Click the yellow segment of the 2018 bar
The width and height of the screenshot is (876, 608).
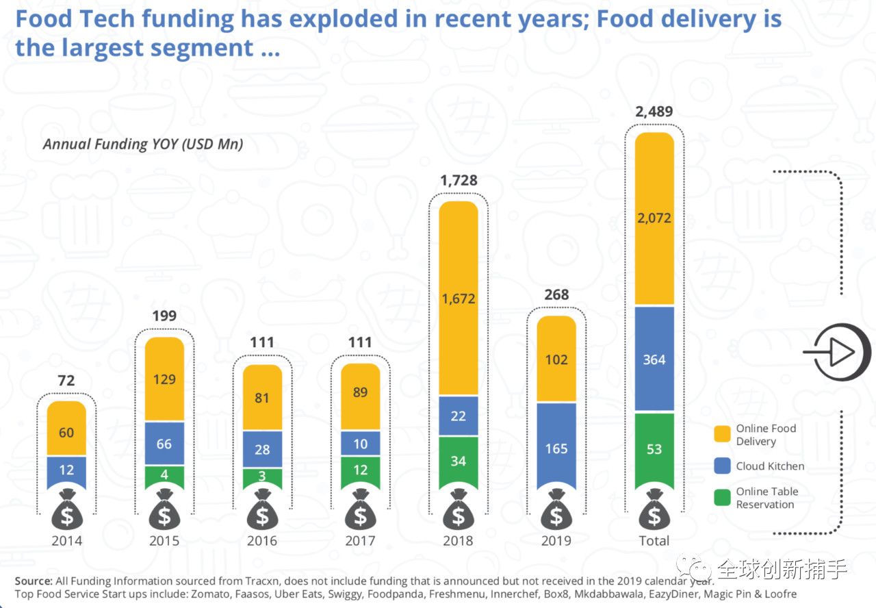pyautogui.click(x=459, y=298)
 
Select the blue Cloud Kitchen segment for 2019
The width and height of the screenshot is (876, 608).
pyautogui.click(x=556, y=446)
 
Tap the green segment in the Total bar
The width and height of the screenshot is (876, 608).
pyautogui.click(x=654, y=451)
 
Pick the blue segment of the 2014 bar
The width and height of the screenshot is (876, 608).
pyautogui.click(x=66, y=472)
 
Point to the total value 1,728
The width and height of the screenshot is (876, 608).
pyautogui.click(x=459, y=180)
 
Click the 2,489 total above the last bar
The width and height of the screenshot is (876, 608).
pyautogui.click(x=654, y=112)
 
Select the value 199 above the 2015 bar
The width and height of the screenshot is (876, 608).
pyautogui.click(x=164, y=316)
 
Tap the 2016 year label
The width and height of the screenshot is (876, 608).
pyautogui.click(x=262, y=541)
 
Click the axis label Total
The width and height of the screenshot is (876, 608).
pyautogui.click(x=654, y=541)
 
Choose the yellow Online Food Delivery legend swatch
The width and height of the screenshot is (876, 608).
pyautogui.click(x=722, y=433)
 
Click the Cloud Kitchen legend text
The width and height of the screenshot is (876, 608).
pyautogui.click(x=770, y=466)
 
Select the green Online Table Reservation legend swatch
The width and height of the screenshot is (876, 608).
pyautogui.click(x=722, y=498)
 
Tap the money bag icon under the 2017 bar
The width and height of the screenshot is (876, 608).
pyautogui.click(x=360, y=509)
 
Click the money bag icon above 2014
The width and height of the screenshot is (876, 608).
pyautogui.click(x=67, y=509)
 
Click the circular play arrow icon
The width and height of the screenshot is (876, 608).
pyautogui.click(x=842, y=352)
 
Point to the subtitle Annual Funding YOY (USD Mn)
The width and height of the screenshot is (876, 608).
pyautogui.click(x=143, y=144)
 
